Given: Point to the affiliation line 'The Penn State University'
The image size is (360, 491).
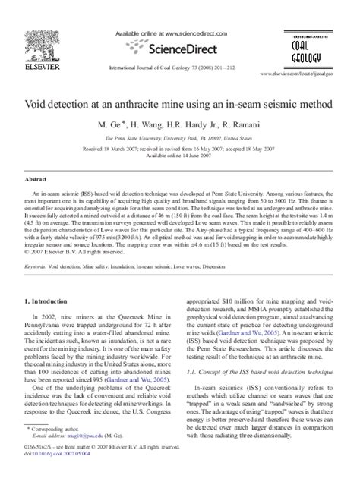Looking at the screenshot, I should coord(179,139).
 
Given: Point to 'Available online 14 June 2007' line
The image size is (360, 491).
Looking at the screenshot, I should coord(180,156).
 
